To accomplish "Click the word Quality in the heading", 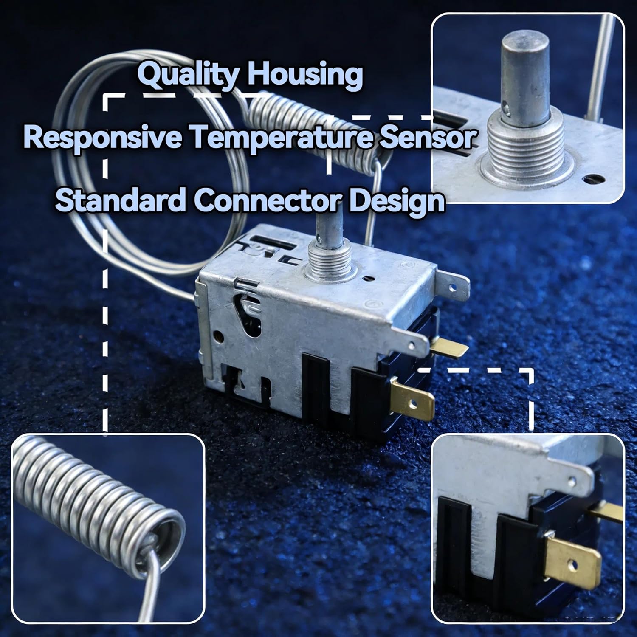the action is coord(188,75).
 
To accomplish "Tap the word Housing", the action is coord(305,74).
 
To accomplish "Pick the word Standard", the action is coord(121,200).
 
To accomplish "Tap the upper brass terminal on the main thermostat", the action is coord(448,349).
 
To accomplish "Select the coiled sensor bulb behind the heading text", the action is coord(314,127).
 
